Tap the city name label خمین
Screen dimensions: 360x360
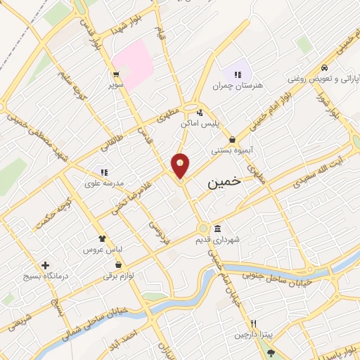point(224,181)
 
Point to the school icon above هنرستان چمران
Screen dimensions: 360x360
point(237,75)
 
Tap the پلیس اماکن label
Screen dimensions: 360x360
point(201,123)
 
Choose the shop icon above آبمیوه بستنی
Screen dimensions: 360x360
point(232,139)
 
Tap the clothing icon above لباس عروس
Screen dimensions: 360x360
point(102,239)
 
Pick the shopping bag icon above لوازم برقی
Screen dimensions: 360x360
point(118,264)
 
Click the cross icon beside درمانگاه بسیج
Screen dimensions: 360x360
point(46,266)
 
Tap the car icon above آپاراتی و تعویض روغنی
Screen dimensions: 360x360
point(323,67)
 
